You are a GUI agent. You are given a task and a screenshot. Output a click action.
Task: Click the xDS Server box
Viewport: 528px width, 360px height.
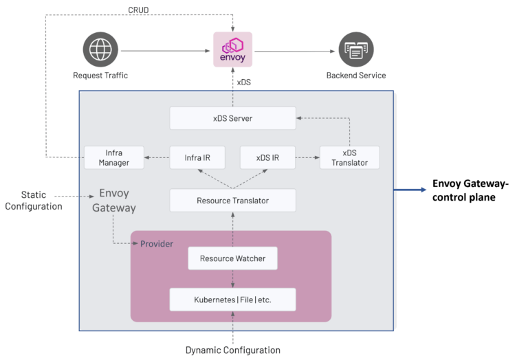pyautogui.click(x=232, y=118)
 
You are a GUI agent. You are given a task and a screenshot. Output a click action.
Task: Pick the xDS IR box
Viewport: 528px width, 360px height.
pyautogui.click(x=267, y=157)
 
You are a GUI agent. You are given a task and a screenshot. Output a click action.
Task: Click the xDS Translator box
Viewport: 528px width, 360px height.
pyautogui.click(x=349, y=157)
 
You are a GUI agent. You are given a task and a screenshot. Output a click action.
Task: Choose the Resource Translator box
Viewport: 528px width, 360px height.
pyautogui.click(x=232, y=201)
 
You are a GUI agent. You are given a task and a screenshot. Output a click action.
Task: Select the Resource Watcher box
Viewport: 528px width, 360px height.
pyautogui.click(x=232, y=258)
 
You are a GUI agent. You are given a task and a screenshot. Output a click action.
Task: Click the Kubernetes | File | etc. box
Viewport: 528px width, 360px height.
pyautogui.click(x=232, y=300)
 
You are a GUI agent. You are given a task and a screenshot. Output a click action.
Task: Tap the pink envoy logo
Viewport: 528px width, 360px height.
pyautogui.click(x=232, y=49)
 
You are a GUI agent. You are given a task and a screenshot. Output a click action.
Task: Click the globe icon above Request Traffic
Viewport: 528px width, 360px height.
pyautogui.click(x=100, y=49)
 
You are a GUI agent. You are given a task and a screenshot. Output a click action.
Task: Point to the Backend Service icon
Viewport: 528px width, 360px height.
pyautogui.click(x=355, y=49)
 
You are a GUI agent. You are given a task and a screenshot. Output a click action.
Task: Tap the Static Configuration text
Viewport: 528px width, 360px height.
pyautogui.click(x=34, y=201)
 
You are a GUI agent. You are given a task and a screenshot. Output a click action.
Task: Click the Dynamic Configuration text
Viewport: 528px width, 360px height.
pyautogui.click(x=232, y=350)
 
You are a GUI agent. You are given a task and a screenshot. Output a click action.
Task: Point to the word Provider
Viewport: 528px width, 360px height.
pyautogui.click(x=157, y=244)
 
